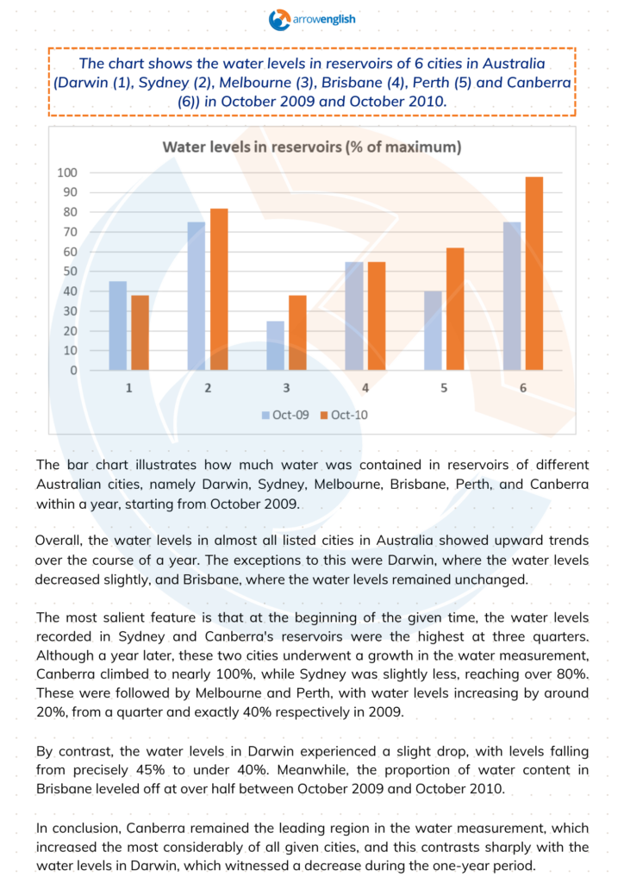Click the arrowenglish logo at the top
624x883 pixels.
(x=311, y=18)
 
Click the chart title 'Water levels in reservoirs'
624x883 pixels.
(x=312, y=147)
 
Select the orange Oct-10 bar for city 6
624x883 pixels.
(x=534, y=273)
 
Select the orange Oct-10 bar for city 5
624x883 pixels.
(x=454, y=310)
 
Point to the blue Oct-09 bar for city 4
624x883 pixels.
(x=353, y=316)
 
